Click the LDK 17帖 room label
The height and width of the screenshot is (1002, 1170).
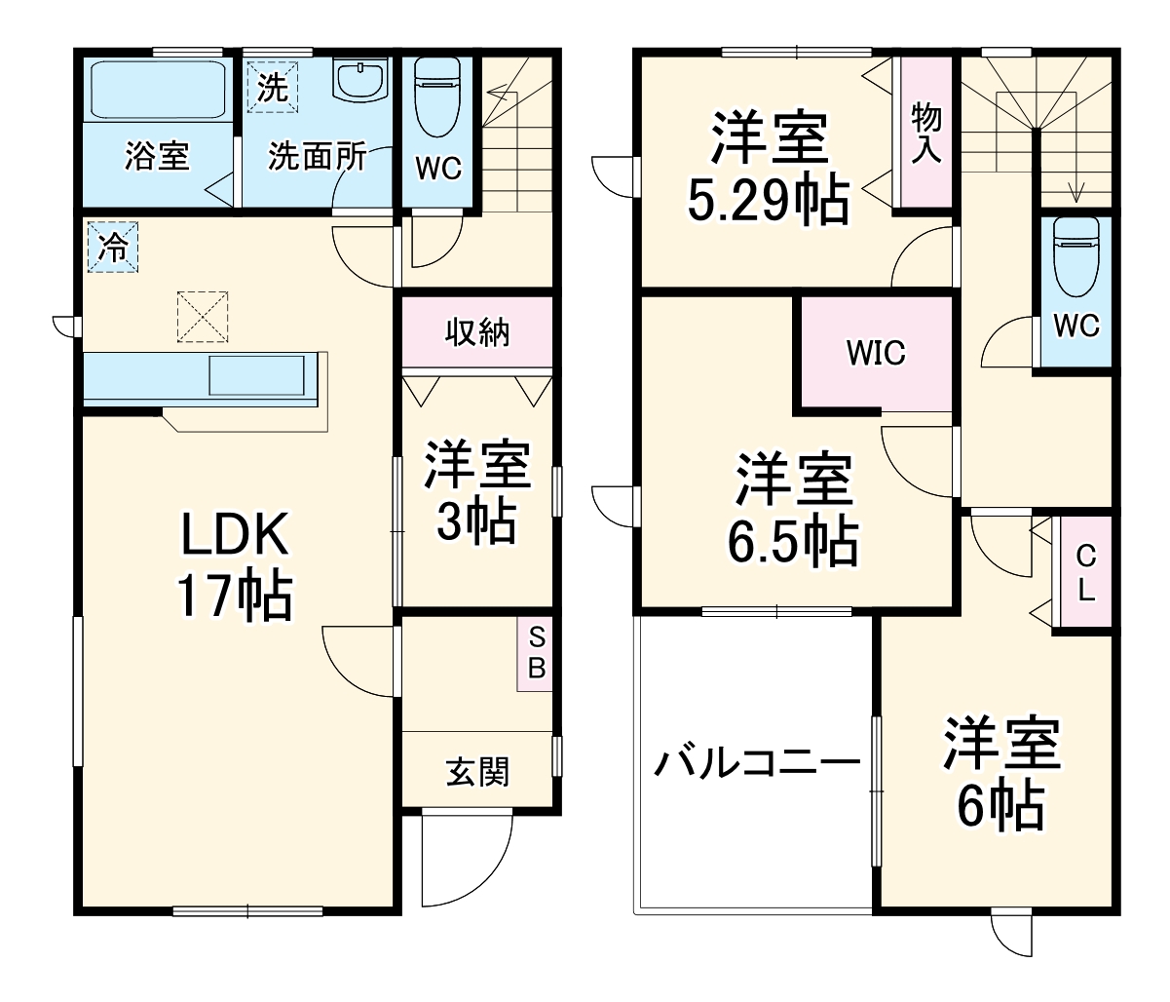233,565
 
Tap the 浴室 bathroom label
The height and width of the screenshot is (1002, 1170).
156,156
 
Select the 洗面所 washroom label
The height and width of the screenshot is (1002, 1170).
317,156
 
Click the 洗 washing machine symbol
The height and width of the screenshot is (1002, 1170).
273,88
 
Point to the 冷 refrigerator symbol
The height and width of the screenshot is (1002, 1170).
113,248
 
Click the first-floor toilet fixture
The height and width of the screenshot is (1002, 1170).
436,97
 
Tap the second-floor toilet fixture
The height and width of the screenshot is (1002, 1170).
1076,255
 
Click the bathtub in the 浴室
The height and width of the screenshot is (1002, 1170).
156,90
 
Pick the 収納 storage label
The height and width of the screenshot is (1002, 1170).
477,333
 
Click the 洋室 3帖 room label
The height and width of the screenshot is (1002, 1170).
476,493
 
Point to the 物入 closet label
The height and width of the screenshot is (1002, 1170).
925,135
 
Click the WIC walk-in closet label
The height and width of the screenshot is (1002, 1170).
875,353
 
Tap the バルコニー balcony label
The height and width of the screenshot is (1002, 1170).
756,762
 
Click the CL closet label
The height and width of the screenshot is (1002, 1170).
1085,573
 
